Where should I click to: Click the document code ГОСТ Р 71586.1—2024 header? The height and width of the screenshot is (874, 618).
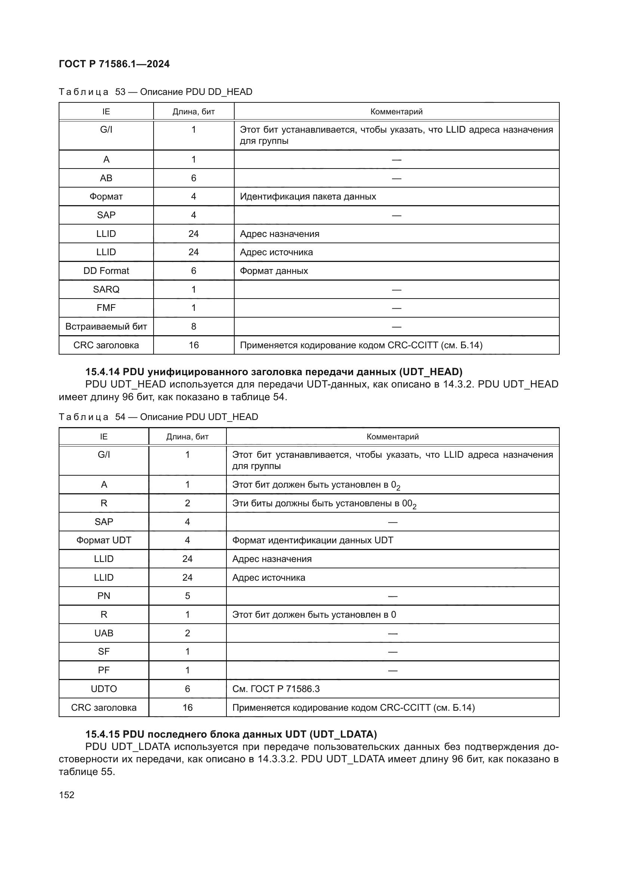coord(114,64)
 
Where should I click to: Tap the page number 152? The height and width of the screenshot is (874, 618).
coord(67,795)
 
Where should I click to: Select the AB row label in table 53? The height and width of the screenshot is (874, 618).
coord(106,178)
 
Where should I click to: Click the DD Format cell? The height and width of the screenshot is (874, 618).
coord(106,271)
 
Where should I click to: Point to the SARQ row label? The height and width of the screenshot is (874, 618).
coord(106,290)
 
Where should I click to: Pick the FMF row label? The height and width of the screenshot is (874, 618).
coord(106,308)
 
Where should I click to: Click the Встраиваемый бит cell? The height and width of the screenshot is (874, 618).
coord(106,327)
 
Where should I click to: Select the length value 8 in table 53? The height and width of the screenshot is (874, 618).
coord(193,327)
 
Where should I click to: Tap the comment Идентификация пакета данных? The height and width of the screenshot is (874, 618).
coord(308,197)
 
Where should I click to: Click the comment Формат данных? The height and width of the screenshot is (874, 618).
coord(274,271)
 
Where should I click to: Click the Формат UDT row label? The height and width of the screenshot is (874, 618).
coord(103,541)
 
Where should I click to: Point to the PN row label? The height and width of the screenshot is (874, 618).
coord(103,596)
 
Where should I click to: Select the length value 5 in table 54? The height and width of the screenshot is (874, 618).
coord(187,596)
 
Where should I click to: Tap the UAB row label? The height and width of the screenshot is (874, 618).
coord(103,633)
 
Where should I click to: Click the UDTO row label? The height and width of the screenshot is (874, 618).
coord(103,689)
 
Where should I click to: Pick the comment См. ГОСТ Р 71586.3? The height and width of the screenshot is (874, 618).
coord(275,689)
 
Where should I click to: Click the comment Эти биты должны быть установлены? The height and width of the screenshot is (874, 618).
coord(324,504)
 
